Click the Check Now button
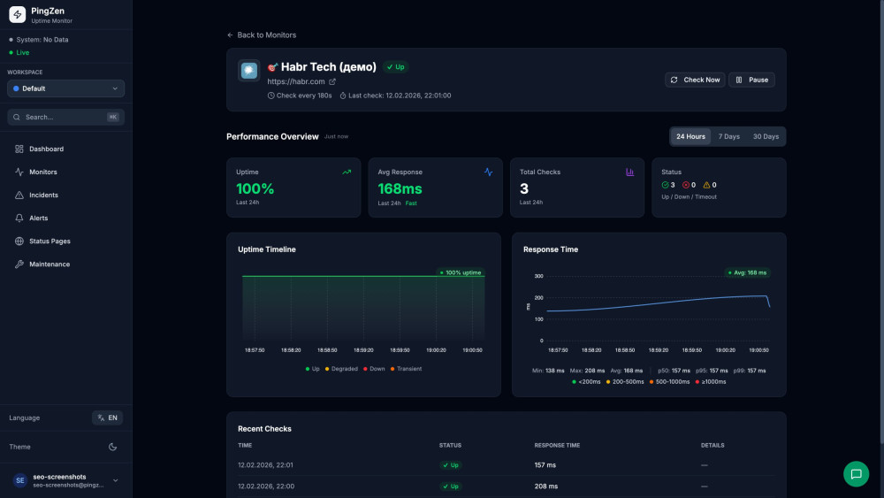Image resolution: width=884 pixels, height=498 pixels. [695, 80]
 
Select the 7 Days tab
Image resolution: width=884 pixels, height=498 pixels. [728, 136]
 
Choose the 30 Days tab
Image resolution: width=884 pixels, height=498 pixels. [766, 136]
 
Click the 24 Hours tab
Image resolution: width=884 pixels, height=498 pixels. [690, 136]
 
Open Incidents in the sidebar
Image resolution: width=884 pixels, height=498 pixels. [43, 195]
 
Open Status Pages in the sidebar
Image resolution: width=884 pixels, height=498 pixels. [50, 241]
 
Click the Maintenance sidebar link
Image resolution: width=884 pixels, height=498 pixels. [49, 264]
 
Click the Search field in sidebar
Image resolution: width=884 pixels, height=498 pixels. [65, 117]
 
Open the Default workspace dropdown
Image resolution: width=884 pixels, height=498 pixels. [65, 88]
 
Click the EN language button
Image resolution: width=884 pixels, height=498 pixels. [107, 418]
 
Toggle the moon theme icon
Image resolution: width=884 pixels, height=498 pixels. [112, 447]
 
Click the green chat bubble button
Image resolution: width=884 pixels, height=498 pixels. [856, 473]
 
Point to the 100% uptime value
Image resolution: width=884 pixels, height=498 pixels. [255, 188]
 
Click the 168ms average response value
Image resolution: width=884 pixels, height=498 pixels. [400, 188]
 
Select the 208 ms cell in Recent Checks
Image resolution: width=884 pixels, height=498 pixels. [545, 486]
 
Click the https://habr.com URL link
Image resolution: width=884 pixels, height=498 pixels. [296, 81]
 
